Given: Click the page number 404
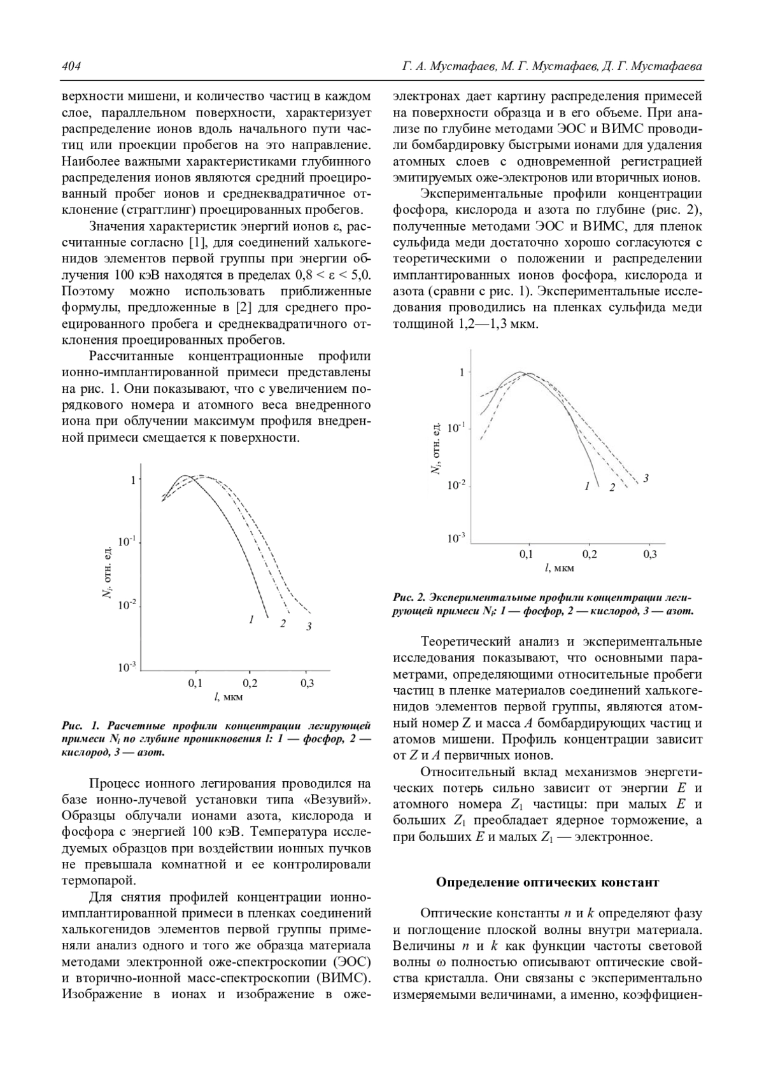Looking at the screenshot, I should tap(70, 67).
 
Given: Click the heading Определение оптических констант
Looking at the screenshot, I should tap(547, 882).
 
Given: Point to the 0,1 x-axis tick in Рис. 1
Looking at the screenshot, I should tap(195, 683).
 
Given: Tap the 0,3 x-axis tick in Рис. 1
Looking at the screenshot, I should tap(307, 683).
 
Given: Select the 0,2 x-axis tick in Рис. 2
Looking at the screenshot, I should tap(590, 555).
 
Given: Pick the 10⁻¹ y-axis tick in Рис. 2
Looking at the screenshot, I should tap(456, 428).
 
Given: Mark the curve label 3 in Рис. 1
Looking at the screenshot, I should tap(309, 627).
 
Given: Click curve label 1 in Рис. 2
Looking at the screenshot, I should tap(586, 486).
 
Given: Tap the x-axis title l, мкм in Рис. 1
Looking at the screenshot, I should tap(229, 696).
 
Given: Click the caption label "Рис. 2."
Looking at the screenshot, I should tap(409, 598).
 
